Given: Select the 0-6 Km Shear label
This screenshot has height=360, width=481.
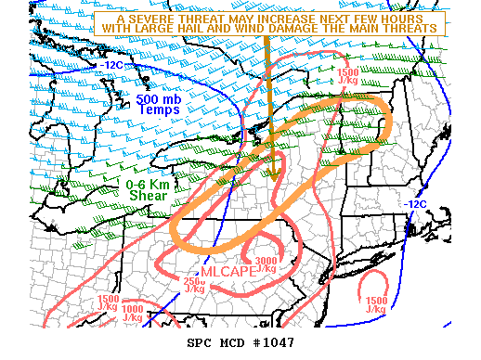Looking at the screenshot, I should [147, 189].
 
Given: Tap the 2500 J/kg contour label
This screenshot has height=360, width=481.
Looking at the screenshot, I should [194, 284].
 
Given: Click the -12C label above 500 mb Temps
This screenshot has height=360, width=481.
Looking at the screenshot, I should [112, 66].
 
